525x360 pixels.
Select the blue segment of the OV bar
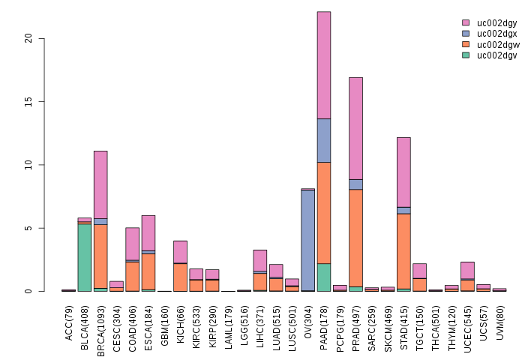click(x=308, y=240)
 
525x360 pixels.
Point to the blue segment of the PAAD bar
click(x=324, y=140)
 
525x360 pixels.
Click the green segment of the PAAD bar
click(x=324, y=277)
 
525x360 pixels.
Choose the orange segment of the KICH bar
click(x=181, y=277)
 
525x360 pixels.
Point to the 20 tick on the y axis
click(x=43, y=38)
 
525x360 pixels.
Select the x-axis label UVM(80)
click(x=499, y=322)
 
